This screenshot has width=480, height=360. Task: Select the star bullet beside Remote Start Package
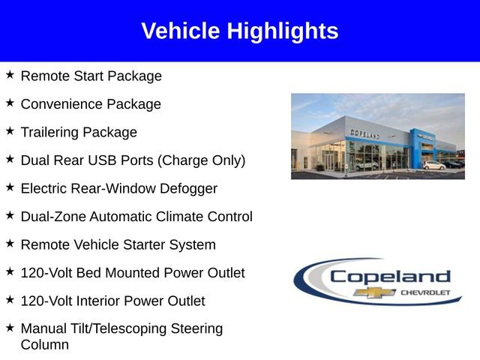click(x=10, y=75)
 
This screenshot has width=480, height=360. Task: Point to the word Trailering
click(x=49, y=133)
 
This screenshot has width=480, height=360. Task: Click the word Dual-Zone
click(x=53, y=217)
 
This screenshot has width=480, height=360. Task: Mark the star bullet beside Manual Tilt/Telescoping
click(x=10, y=328)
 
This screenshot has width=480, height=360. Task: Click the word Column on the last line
click(x=44, y=345)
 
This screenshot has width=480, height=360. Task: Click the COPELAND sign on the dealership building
click(x=364, y=133)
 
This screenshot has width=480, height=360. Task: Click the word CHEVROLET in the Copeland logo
click(x=426, y=292)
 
